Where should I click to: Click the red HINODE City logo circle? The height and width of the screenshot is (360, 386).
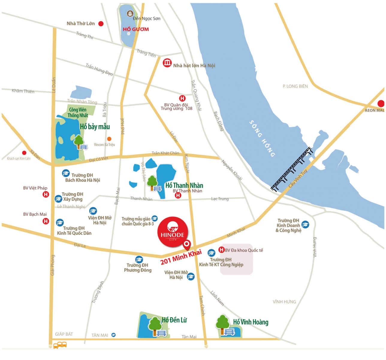[x=173, y=232]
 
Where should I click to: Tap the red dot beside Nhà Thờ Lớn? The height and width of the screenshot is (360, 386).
[x=101, y=24]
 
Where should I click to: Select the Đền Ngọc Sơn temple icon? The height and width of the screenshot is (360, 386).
[x=130, y=13]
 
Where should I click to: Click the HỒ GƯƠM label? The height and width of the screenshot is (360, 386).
[x=136, y=29]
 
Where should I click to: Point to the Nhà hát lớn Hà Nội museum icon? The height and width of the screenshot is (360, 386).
[x=167, y=63]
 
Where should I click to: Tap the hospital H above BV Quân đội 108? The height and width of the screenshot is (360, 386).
[x=182, y=98]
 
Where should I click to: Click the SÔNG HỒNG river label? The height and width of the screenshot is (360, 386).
[x=262, y=138]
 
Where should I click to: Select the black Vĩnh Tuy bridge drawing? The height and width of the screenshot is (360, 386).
[x=292, y=169]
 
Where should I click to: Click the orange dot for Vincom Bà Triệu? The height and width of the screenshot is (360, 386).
[x=109, y=139]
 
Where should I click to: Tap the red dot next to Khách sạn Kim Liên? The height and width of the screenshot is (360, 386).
[x=24, y=153]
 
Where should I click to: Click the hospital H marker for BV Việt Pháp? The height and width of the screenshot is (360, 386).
[x=46, y=194]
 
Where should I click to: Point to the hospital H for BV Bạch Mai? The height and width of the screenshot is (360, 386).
[x=46, y=221]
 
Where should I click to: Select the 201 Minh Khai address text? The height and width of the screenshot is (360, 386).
[x=181, y=257]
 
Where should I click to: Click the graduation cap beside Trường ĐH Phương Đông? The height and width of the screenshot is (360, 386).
[x=139, y=259]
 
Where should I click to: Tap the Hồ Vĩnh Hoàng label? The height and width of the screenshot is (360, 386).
[x=251, y=322]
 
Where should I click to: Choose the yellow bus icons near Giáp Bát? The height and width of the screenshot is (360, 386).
[x=60, y=345]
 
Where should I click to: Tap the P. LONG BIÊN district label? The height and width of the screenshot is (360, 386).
[x=295, y=86]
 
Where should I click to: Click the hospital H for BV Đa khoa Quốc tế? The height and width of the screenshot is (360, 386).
[x=221, y=250]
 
